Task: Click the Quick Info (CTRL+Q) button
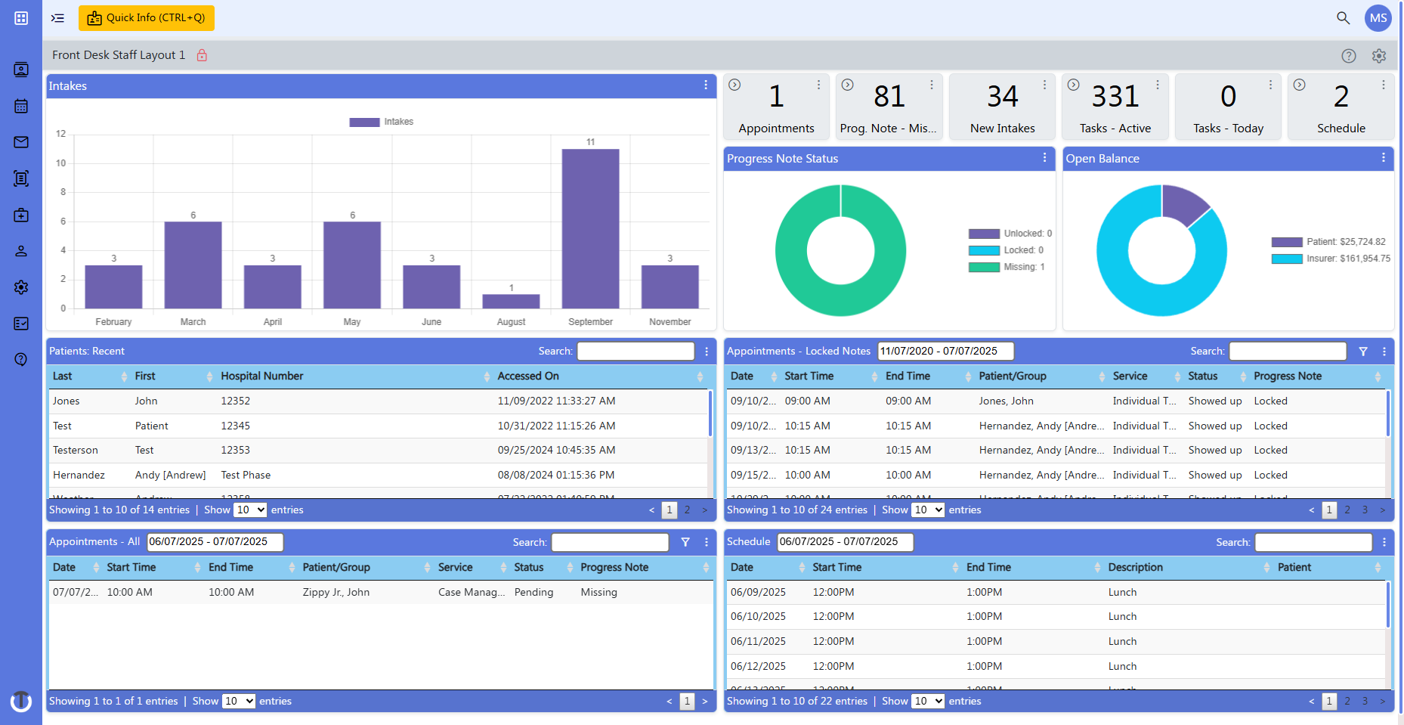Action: tap(147, 18)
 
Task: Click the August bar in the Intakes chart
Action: tap(511, 301)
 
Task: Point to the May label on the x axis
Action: tap(352, 322)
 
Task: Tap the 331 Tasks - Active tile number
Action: tap(1115, 97)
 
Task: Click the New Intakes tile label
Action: tap(1002, 129)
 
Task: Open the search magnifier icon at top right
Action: tap(1343, 18)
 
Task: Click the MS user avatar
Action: tap(1378, 18)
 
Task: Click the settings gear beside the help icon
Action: tap(1379, 56)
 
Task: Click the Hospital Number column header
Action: tap(262, 376)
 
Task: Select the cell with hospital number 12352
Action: tap(235, 401)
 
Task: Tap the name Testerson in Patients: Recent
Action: tap(76, 450)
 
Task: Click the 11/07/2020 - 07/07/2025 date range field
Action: tap(945, 351)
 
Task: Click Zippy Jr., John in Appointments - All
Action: tap(336, 592)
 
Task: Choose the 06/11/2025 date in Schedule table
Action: tap(758, 641)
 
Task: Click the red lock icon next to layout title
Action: tap(202, 55)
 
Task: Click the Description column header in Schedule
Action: tap(1135, 567)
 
